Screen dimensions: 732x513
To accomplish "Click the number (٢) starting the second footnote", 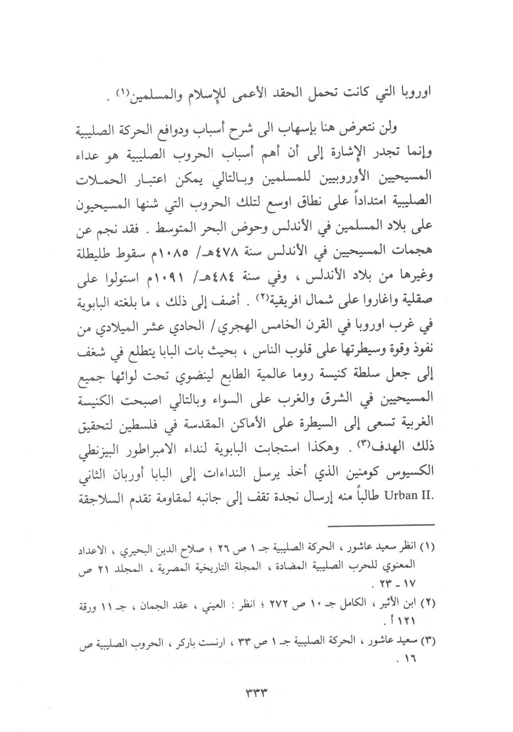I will pos(428,605).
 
